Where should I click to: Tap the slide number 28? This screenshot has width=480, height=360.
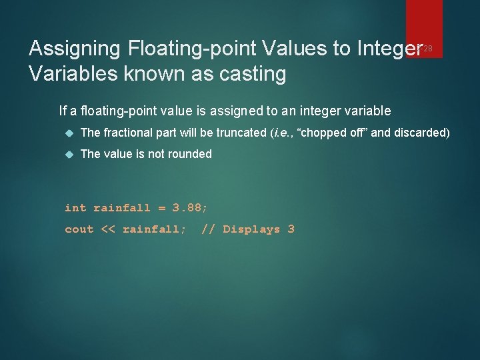[x=428, y=48]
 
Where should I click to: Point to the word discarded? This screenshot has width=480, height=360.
[x=420, y=133]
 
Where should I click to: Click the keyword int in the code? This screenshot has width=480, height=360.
[x=75, y=207]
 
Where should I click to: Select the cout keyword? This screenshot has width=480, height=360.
[x=79, y=229]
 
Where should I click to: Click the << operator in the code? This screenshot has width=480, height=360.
[x=107, y=229]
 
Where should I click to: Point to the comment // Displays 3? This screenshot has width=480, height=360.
[x=247, y=229]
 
